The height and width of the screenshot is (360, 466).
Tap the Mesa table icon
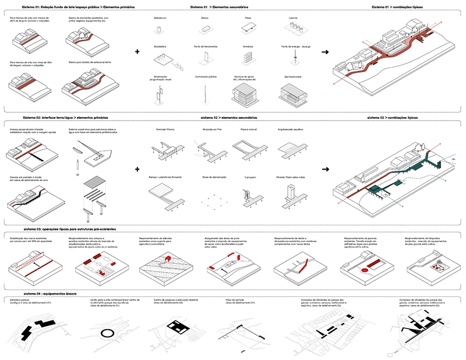(249, 30)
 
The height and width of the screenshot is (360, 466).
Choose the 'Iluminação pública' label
(205, 76)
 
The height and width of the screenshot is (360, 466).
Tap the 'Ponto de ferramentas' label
(207, 47)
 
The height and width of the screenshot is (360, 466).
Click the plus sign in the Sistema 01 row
(137, 52)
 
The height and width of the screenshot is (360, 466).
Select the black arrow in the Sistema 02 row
(325, 169)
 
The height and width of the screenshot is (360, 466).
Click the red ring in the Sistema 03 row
(366, 271)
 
